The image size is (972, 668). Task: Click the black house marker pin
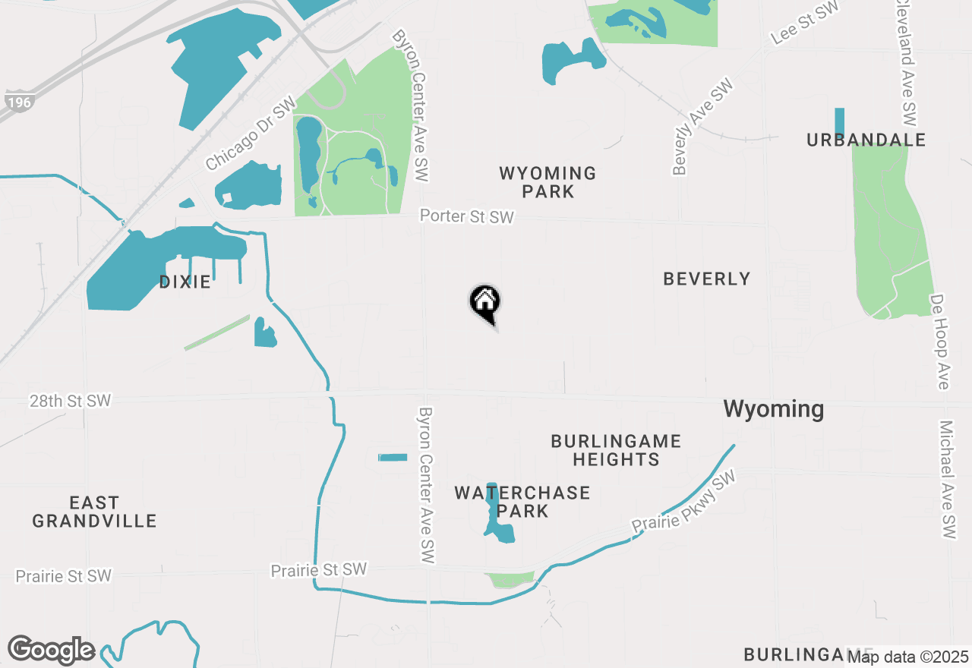point(484,302)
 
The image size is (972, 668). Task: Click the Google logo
point(51,650)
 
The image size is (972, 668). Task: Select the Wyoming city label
point(773,409)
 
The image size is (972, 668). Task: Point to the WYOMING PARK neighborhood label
point(548,182)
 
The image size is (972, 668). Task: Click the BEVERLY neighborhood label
point(706,279)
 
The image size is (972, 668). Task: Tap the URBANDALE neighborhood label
point(866,140)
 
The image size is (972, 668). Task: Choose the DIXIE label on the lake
point(185,282)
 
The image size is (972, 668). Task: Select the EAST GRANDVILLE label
point(94,512)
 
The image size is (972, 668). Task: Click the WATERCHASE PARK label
point(522,502)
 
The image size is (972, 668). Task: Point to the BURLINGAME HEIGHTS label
point(616,450)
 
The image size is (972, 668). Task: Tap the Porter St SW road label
point(467,217)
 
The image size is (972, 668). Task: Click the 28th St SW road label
point(70,401)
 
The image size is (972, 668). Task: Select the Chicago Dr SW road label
point(250,137)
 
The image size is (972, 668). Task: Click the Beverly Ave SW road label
point(702,127)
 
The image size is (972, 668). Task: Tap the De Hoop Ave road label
point(939,342)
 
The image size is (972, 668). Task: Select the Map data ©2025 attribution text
point(909,657)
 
